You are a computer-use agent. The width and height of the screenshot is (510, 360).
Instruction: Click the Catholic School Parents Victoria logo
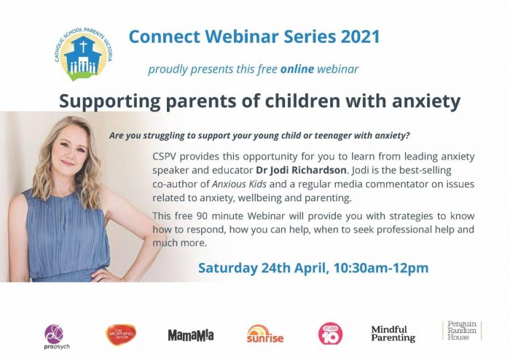[x=83, y=54]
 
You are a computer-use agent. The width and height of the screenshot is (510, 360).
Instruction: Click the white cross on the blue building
[x=84, y=46]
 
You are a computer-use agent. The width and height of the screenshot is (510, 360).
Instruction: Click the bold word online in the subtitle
[x=297, y=69]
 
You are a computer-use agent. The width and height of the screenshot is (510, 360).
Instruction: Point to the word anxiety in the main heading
[x=426, y=101]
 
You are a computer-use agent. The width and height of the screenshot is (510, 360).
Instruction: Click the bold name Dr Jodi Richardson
[x=302, y=170]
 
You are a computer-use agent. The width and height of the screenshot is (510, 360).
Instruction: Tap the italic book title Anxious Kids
[x=240, y=184]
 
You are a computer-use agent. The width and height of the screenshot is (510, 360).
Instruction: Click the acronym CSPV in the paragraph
[x=164, y=157]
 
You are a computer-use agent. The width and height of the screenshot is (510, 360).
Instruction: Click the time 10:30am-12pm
[x=381, y=268]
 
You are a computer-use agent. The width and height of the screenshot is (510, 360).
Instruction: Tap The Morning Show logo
[x=121, y=334]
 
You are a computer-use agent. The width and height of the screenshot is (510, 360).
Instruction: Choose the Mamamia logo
[x=191, y=335]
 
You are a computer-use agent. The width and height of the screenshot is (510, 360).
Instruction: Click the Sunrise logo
[x=265, y=334]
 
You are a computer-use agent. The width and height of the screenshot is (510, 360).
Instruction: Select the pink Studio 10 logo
[x=330, y=334]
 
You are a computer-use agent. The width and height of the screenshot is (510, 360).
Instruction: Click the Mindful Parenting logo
[x=393, y=334]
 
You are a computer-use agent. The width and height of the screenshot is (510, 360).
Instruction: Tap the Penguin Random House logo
[x=462, y=330]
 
